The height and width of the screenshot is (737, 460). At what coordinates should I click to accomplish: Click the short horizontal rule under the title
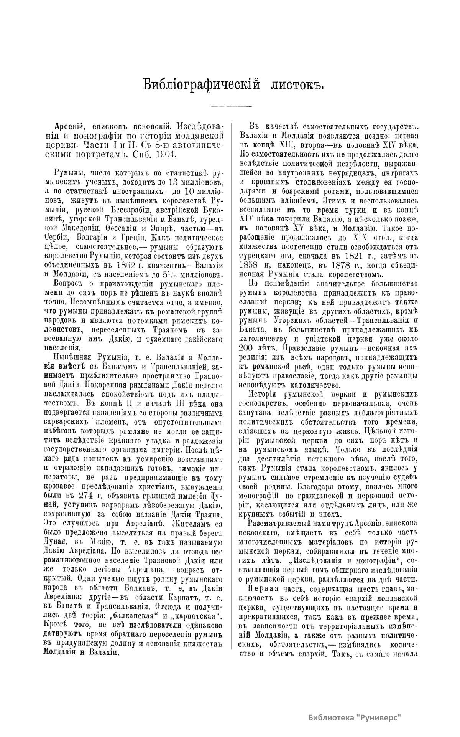tap(232, 106)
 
